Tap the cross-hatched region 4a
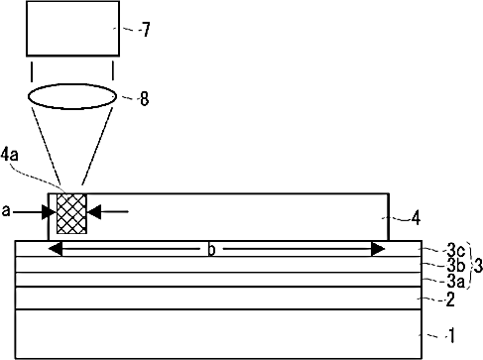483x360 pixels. [71, 214]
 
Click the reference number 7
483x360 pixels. [147, 29]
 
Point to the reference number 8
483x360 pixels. [145, 98]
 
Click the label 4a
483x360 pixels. [9, 155]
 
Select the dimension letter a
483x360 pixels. [6, 211]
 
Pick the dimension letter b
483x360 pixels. [211, 250]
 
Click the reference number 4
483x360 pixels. [416, 218]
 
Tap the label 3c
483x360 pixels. [456, 252]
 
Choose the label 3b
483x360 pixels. [456, 266]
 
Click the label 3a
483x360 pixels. [456, 282]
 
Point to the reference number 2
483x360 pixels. [450, 300]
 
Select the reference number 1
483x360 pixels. [451, 335]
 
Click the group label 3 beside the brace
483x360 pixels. [478, 266]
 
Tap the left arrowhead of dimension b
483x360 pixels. [56, 249]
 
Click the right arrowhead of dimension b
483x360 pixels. [378, 249]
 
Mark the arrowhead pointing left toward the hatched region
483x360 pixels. [94, 211]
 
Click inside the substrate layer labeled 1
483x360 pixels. [218, 334]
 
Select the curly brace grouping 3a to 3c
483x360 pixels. [470, 266]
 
